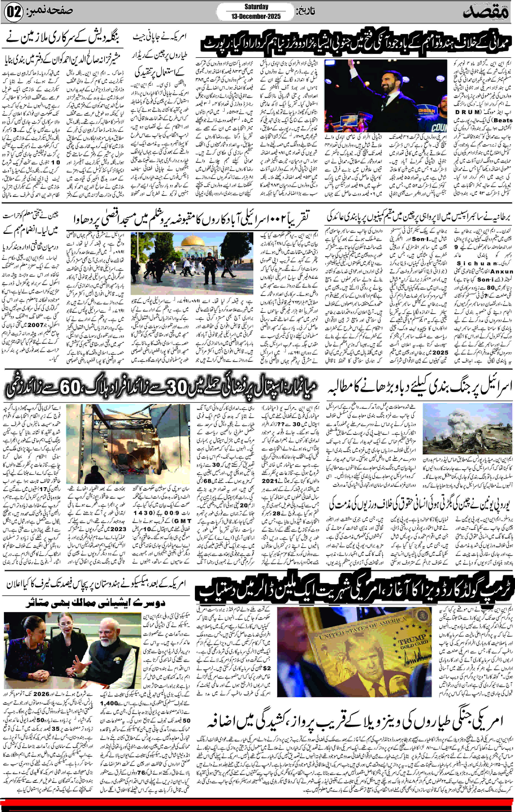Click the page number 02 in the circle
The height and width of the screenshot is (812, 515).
tap(13, 12)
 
